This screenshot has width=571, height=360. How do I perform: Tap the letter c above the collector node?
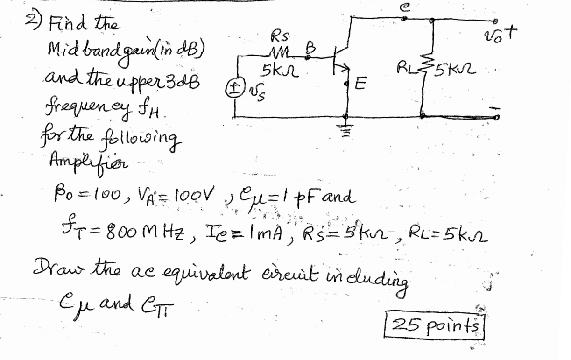coord(404,6)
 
